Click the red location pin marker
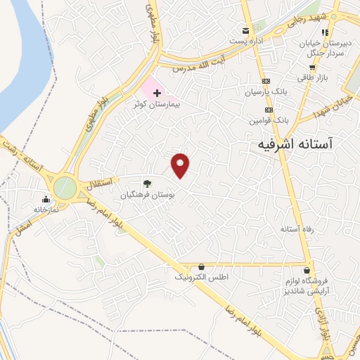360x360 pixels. point(181,165)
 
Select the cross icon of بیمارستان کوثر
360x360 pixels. point(157,93)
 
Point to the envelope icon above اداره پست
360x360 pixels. point(245,30)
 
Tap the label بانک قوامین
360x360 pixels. point(268,121)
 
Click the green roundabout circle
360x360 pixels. point(65,188)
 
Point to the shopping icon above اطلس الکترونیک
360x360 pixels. point(202,267)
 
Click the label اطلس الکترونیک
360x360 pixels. point(202,278)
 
